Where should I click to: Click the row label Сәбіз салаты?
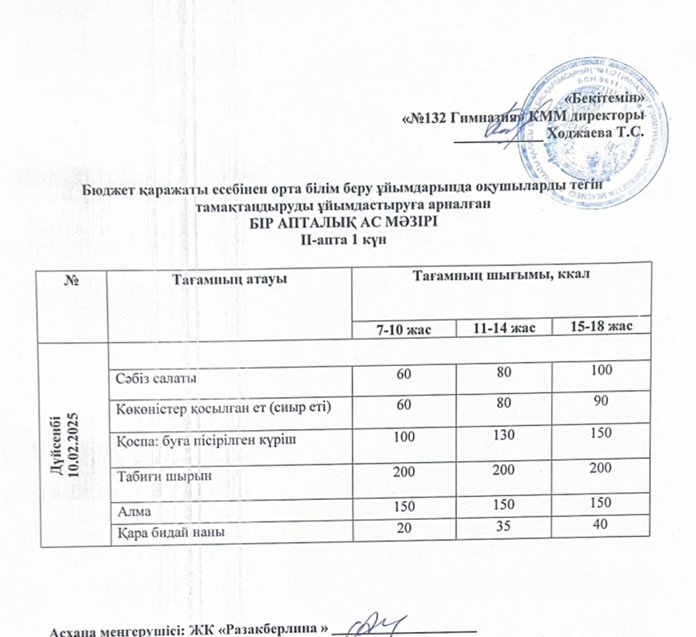pyautogui.click(x=151, y=377)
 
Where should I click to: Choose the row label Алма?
pyautogui.click(x=131, y=512)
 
